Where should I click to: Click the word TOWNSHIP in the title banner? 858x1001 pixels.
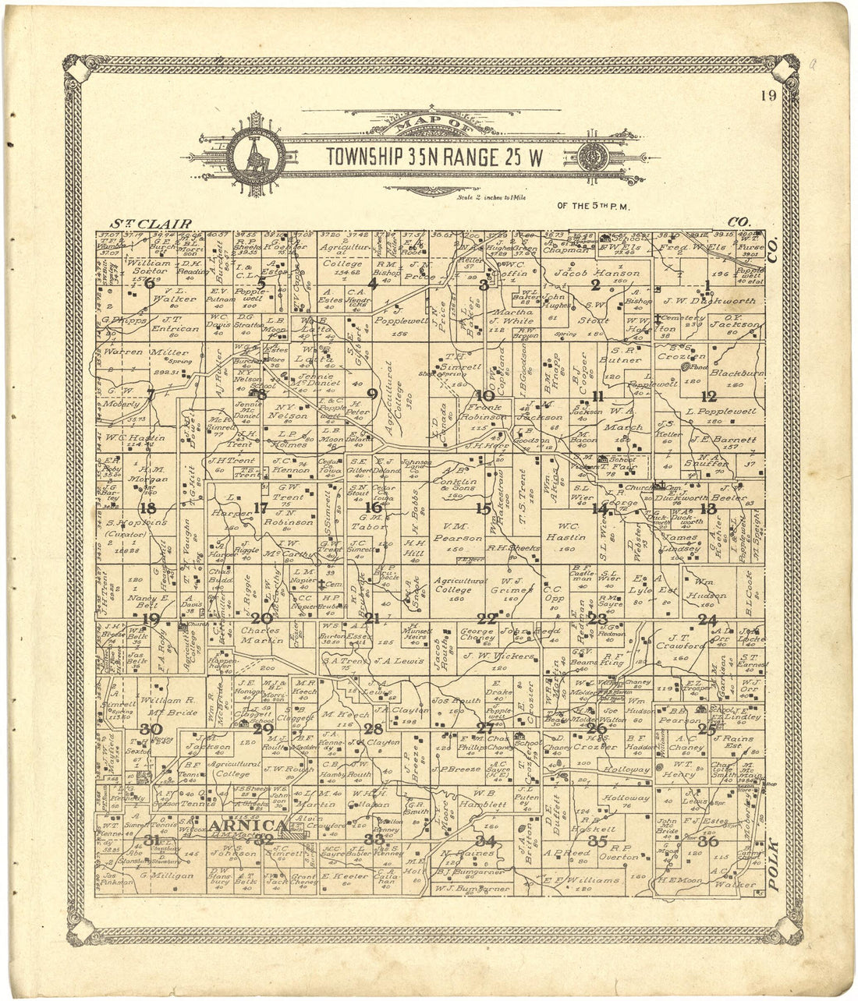click(x=364, y=157)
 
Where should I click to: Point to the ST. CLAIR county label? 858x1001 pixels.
click(x=151, y=224)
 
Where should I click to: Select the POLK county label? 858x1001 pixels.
click(x=773, y=865)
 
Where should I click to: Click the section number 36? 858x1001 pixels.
click(x=708, y=841)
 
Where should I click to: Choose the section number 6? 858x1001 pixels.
click(x=150, y=283)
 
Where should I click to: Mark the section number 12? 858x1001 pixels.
click(x=709, y=395)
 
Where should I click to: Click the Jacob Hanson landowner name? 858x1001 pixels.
click(x=597, y=274)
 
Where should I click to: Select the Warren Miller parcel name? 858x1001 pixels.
click(x=136, y=353)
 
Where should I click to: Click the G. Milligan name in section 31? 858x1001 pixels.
click(x=166, y=875)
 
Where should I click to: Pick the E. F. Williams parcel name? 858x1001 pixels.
click(x=583, y=880)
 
